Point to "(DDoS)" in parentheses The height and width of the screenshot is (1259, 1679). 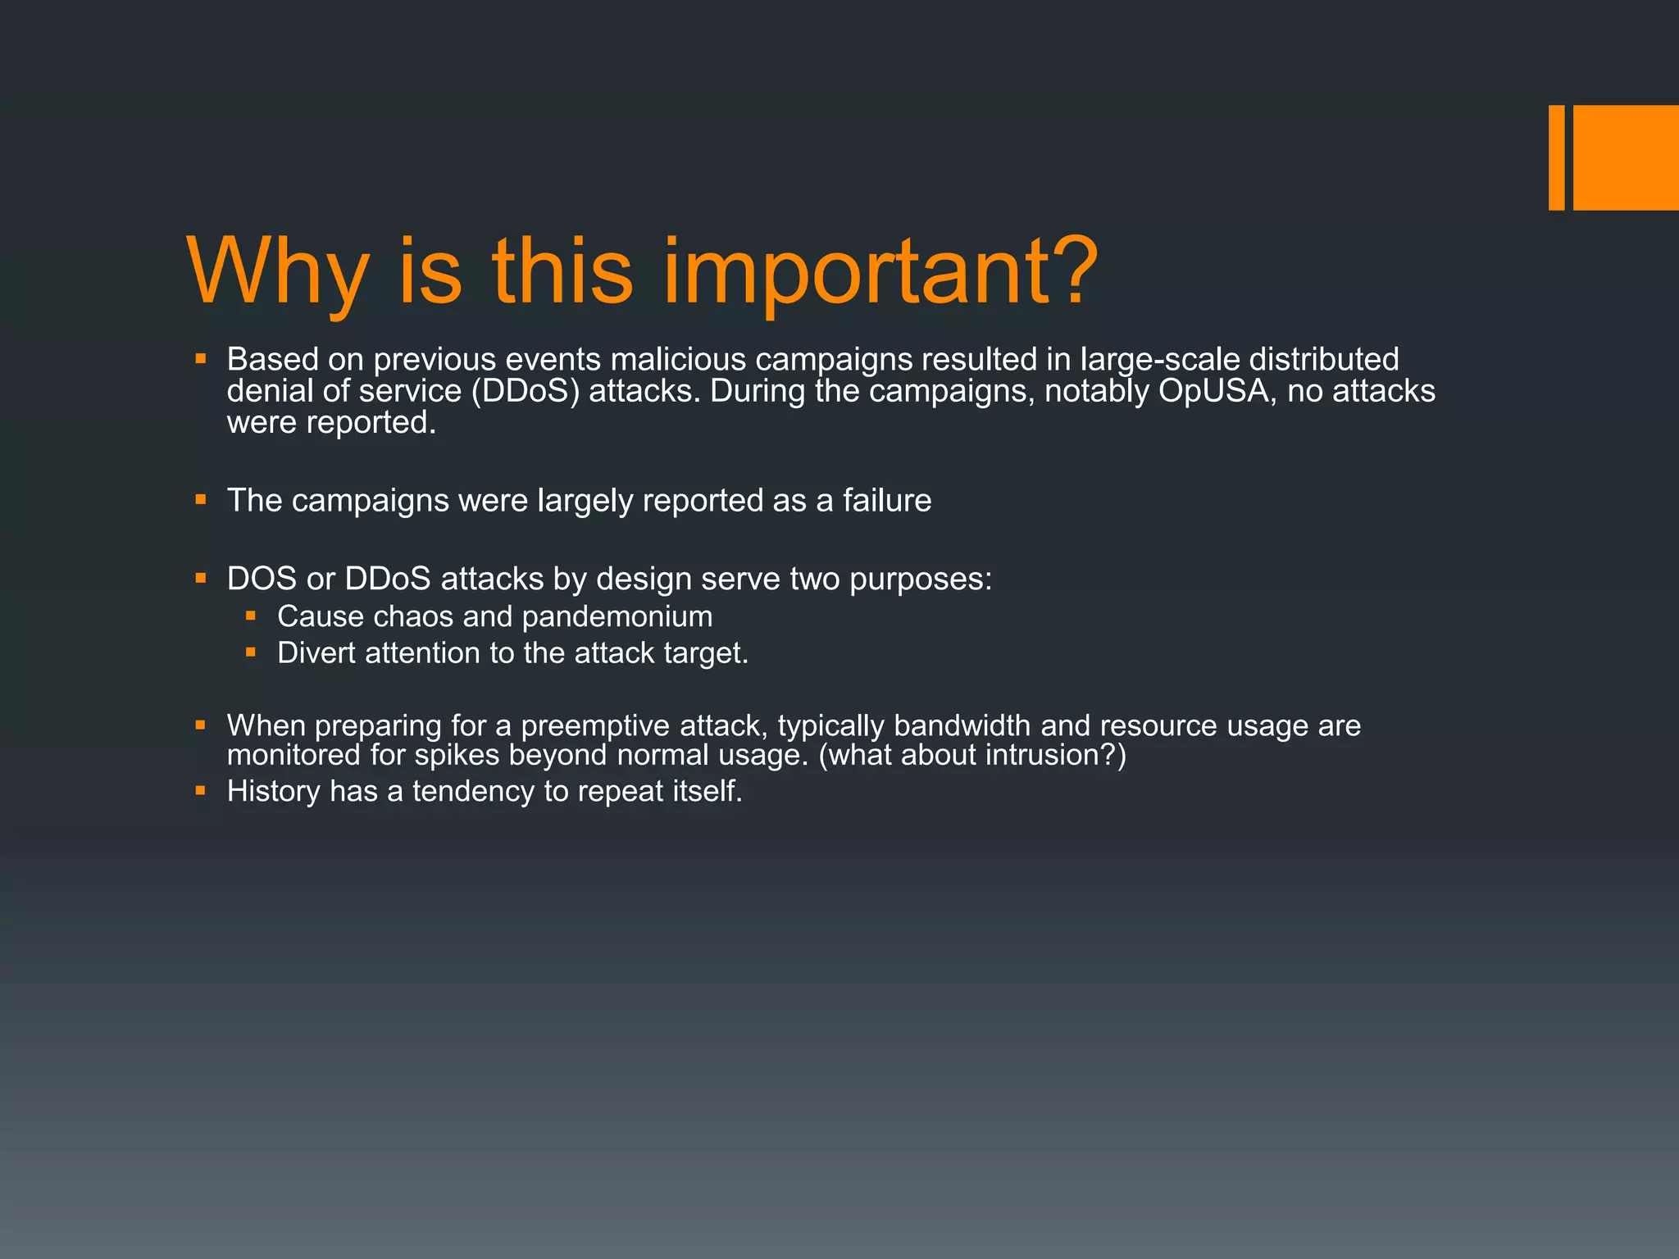coord(526,391)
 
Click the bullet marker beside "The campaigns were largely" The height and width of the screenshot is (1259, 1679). coord(201,498)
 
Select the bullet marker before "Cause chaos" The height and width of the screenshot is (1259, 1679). coord(251,615)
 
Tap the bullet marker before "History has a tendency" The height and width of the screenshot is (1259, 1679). coord(201,790)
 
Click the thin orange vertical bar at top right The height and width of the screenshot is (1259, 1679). coord(1556,157)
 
